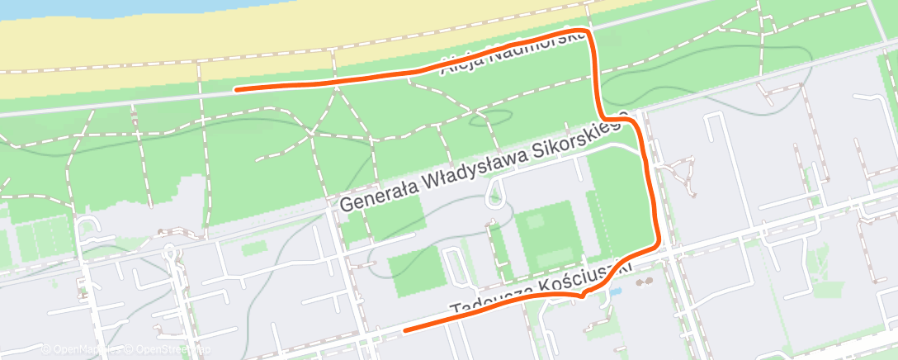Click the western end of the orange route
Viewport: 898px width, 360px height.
click(x=236, y=88)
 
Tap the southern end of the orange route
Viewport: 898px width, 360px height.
click(x=404, y=330)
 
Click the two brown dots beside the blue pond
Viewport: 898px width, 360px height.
click(x=644, y=282)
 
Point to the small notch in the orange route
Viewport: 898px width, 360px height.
click(x=583, y=295)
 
